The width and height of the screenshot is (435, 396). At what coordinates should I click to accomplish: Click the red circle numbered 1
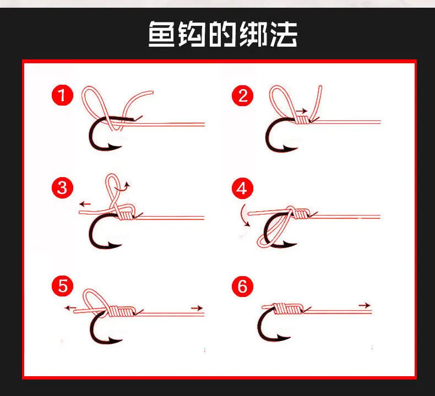[x=62, y=96]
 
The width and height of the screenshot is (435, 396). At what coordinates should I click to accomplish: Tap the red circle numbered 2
[x=242, y=96]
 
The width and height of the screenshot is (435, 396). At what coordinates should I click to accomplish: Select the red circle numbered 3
[x=62, y=188]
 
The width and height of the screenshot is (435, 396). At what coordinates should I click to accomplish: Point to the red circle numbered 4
[x=242, y=189]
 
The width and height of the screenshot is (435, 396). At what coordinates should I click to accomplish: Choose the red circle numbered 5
[x=62, y=285]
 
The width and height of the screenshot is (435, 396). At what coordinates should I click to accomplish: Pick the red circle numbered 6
[x=242, y=286]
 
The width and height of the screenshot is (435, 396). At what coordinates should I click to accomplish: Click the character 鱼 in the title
[x=161, y=34]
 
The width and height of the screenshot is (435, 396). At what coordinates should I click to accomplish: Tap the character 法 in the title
[x=283, y=34]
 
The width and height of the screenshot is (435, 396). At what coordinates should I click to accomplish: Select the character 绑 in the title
[x=253, y=34]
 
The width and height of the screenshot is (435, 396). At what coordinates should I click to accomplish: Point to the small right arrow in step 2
[x=302, y=111]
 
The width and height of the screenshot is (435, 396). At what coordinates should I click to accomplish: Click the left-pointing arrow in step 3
[x=85, y=204]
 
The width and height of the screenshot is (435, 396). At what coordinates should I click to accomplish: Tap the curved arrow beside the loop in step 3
[x=124, y=186]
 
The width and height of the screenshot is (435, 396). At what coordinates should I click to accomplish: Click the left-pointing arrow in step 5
[x=70, y=308]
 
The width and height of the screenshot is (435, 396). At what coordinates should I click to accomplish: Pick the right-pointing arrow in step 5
[x=197, y=308]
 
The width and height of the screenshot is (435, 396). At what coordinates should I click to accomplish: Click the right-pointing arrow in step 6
[x=365, y=305]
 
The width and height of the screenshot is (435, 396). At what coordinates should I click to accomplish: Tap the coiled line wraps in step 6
[x=287, y=309]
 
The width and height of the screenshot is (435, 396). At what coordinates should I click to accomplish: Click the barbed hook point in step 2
[x=291, y=148]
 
